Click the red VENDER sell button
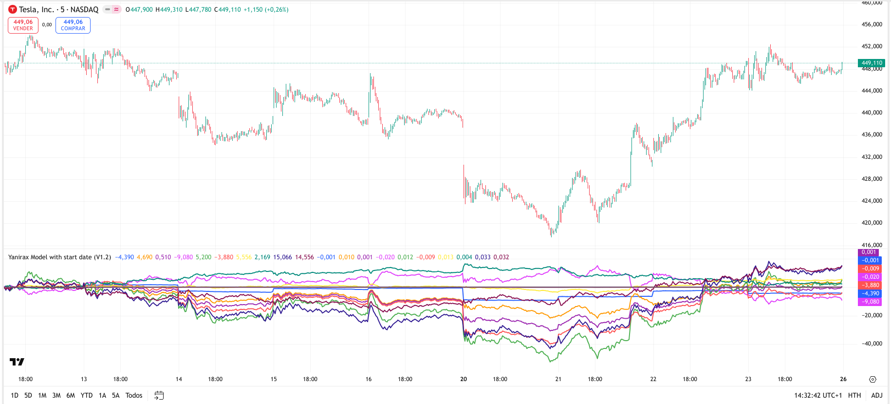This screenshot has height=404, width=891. (23, 25)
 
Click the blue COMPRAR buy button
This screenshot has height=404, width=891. (73, 25)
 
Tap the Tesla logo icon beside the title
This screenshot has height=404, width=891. (13, 9)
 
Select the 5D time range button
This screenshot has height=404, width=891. (28, 395)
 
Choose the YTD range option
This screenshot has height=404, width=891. (87, 395)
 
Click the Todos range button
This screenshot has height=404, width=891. (134, 395)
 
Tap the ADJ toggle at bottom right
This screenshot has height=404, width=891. (876, 395)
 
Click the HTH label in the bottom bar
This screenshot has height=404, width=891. (854, 395)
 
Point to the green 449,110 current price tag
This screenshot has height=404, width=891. (872, 63)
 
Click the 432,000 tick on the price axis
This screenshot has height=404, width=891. (872, 157)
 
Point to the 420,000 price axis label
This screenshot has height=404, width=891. (872, 223)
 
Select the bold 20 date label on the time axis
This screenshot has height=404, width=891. (464, 379)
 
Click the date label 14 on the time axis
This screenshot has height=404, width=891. (179, 379)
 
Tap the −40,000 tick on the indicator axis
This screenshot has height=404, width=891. (872, 344)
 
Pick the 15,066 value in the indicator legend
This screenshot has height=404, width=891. (282, 257)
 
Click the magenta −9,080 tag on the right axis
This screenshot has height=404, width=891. (870, 302)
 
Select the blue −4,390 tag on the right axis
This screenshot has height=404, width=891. (870, 293)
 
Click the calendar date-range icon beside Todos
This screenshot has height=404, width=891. (159, 395)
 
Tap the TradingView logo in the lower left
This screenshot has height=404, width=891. (17, 362)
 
